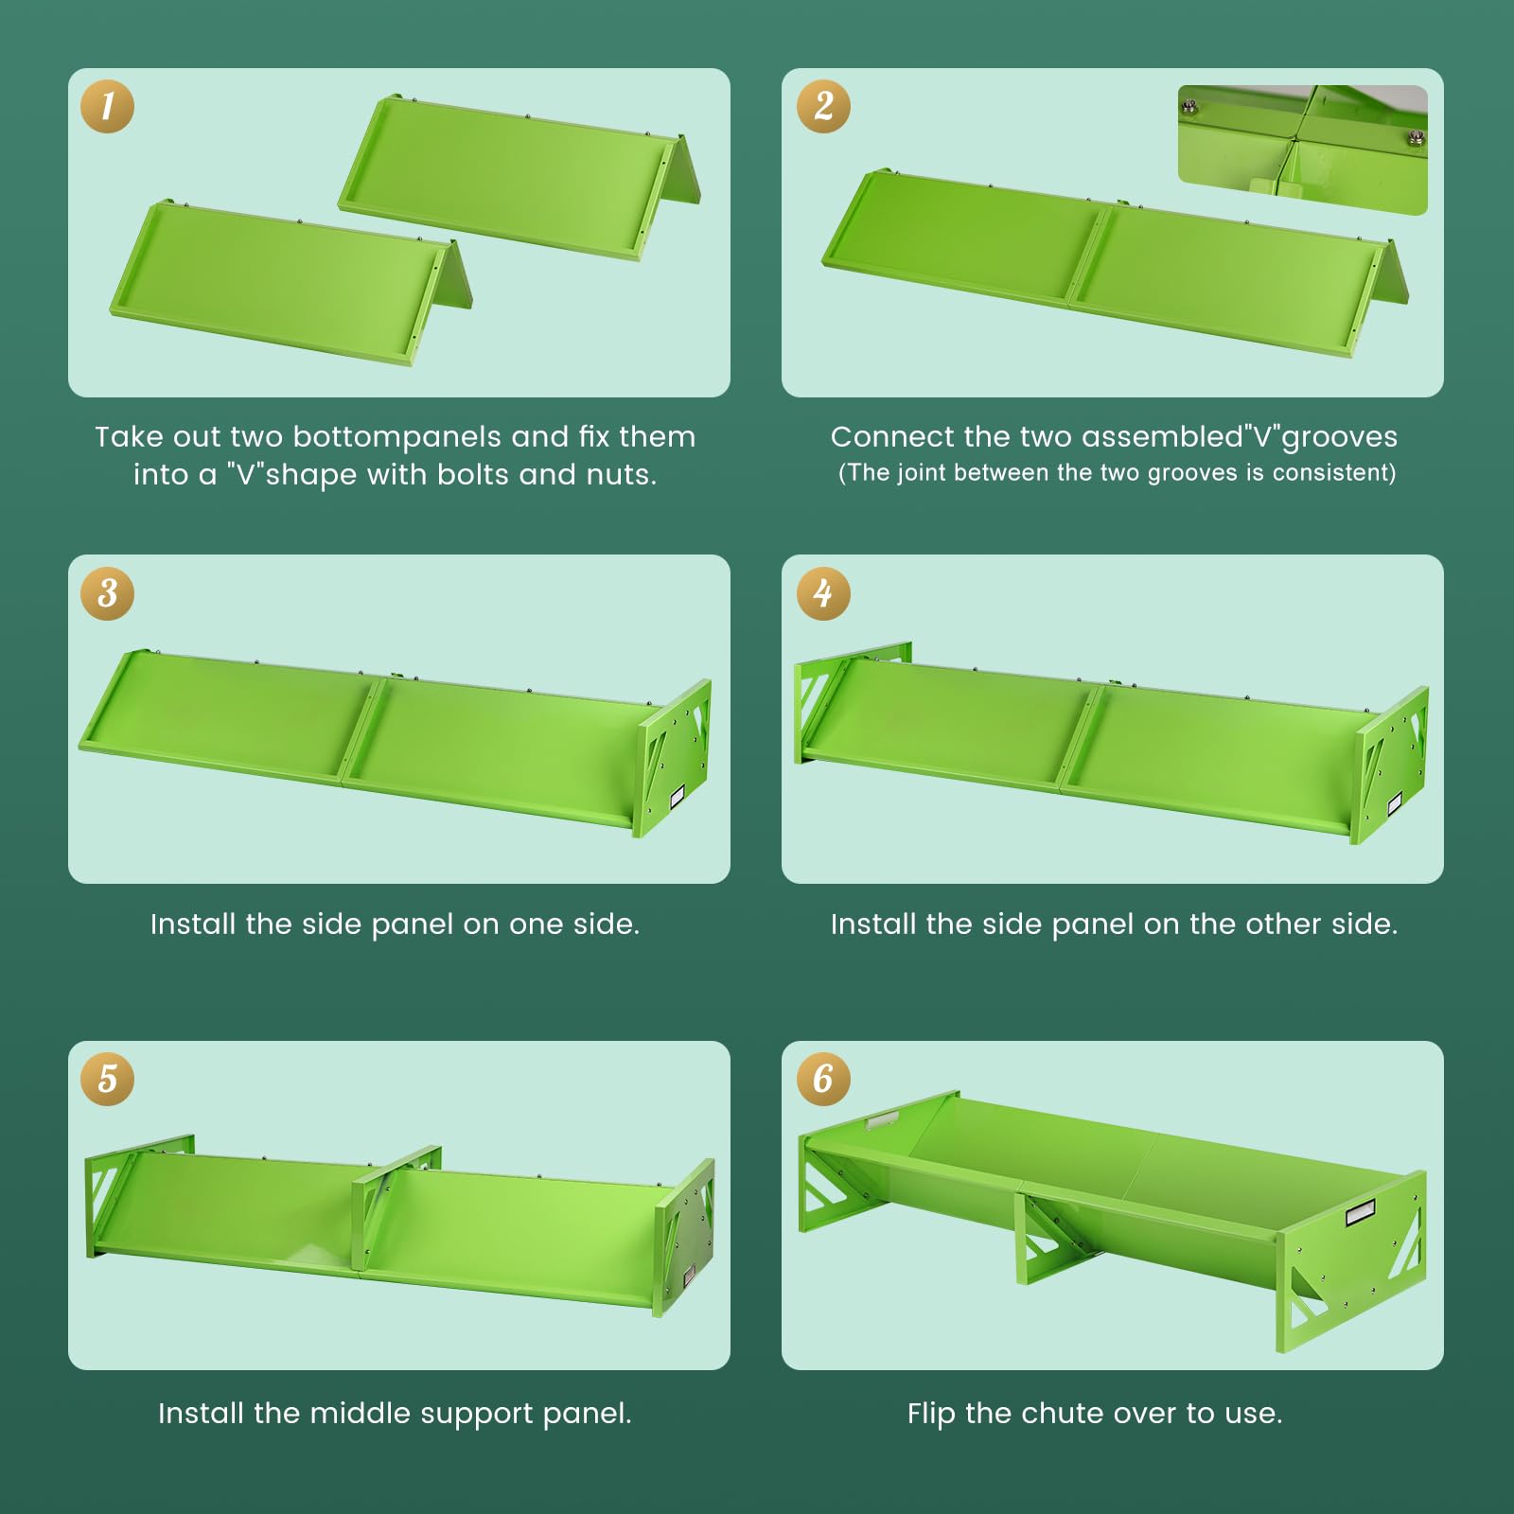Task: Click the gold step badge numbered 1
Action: click(107, 106)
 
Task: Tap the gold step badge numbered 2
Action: click(823, 106)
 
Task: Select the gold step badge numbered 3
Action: click(107, 593)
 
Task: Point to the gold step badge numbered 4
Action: click(823, 593)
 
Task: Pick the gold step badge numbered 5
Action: click(107, 1079)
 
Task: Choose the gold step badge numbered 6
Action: click(823, 1079)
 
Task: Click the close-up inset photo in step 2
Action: click(1302, 150)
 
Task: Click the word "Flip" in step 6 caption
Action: click(932, 1413)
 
